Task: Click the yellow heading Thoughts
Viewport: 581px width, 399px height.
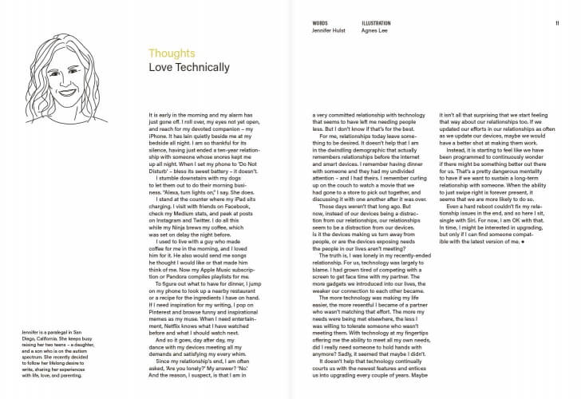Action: click(172, 54)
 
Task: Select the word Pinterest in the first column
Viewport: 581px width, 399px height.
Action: click(160, 306)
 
